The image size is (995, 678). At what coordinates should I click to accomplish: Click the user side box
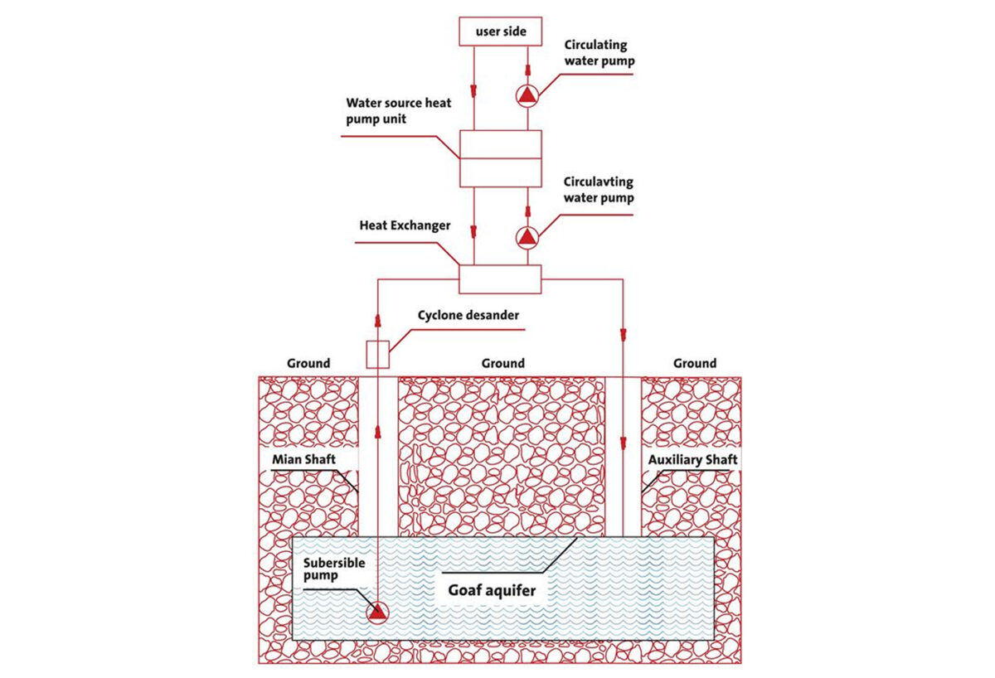click(x=499, y=32)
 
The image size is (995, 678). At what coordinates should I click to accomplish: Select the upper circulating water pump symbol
click(x=527, y=95)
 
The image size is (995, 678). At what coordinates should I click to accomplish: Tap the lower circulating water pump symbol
click(x=527, y=237)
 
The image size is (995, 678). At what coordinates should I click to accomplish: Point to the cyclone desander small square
click(x=377, y=354)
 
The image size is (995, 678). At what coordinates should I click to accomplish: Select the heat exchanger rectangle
click(x=499, y=279)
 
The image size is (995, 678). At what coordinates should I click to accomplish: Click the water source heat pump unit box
click(x=499, y=158)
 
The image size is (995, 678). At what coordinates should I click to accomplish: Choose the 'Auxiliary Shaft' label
click(x=692, y=459)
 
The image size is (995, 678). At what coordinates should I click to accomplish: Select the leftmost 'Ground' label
click(x=308, y=363)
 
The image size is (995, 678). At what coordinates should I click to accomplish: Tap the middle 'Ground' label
click(x=502, y=363)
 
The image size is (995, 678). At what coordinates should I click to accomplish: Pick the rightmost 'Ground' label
click(x=695, y=363)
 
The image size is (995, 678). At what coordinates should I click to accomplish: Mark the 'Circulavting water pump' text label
click(x=599, y=190)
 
